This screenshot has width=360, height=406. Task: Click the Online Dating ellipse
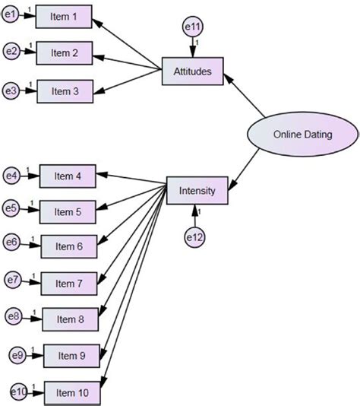click(x=303, y=134)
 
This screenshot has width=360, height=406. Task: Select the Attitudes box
click(x=193, y=71)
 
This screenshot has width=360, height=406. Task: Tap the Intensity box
click(x=197, y=191)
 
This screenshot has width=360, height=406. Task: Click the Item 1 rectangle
click(x=64, y=17)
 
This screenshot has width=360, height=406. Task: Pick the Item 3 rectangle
click(x=65, y=91)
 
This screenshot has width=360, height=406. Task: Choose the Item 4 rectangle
click(x=68, y=176)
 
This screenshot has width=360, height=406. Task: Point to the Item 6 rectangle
click(x=69, y=246)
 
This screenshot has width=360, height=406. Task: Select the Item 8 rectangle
click(x=71, y=319)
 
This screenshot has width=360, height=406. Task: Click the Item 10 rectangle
click(x=72, y=393)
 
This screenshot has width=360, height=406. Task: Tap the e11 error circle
click(x=193, y=27)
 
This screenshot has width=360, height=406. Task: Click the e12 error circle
click(x=195, y=237)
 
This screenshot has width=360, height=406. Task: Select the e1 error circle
click(x=10, y=14)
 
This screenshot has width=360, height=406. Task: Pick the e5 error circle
click(x=11, y=208)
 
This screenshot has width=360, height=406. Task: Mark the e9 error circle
click(x=17, y=355)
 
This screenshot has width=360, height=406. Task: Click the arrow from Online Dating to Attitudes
click(x=244, y=96)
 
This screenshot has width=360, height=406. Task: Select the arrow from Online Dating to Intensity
click(x=243, y=170)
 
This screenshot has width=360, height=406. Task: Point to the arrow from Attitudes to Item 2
click(x=127, y=62)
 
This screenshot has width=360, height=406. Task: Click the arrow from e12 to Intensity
click(x=195, y=216)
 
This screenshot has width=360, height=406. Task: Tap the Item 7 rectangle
click(x=69, y=284)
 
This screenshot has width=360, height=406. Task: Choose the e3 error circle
click(x=11, y=91)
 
